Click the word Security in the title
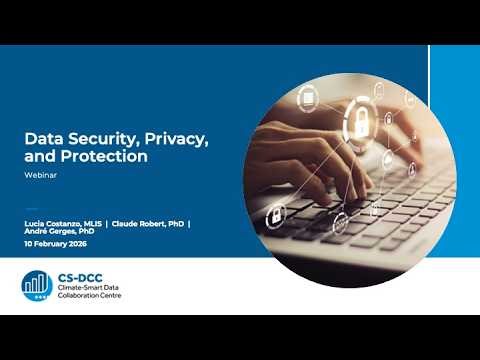(94, 138)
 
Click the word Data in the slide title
(41, 138)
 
